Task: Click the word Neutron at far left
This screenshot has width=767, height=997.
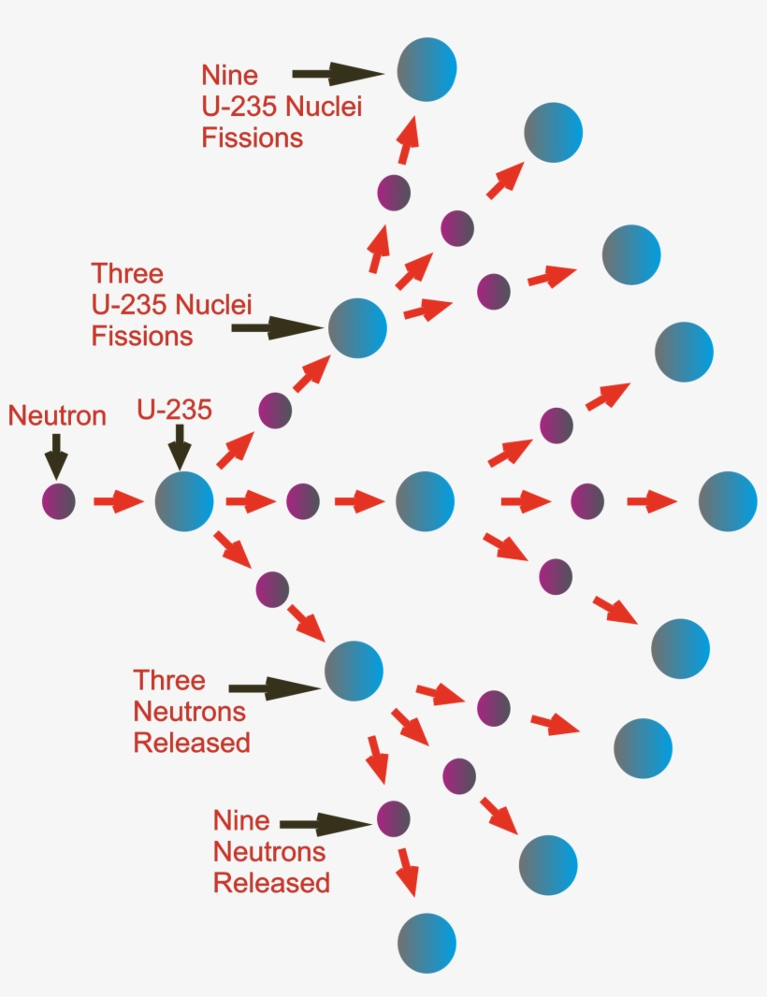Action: tap(57, 415)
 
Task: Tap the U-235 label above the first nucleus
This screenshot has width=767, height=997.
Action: tap(175, 409)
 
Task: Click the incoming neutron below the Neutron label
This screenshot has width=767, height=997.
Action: tap(57, 501)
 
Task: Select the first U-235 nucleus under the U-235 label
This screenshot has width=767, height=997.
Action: tap(184, 501)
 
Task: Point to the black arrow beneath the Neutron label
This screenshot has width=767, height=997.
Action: tap(56, 455)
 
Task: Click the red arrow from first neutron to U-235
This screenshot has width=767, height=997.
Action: tap(118, 502)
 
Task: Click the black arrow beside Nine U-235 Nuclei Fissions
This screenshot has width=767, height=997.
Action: tap(338, 72)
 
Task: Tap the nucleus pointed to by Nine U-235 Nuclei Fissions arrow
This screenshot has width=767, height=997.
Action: tap(427, 68)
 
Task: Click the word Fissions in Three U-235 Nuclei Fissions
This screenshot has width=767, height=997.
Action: tap(142, 336)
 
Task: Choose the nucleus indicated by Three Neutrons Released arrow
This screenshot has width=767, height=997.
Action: tap(354, 671)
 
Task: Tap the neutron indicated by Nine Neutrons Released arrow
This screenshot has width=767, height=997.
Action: tap(394, 819)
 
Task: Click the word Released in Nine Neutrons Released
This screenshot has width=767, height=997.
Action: tap(271, 882)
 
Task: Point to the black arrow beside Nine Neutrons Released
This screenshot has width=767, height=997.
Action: tap(326, 823)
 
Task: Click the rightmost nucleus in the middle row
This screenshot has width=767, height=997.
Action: tap(728, 501)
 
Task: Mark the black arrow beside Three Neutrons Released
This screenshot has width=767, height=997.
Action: tap(273, 689)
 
